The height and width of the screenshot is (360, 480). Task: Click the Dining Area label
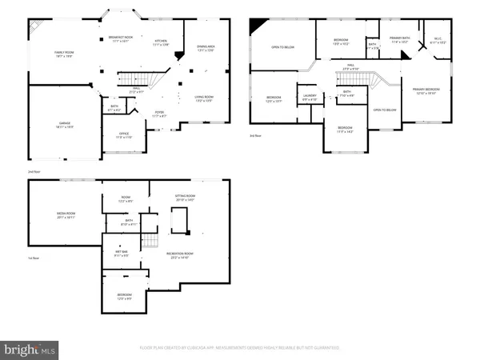coord(206,48)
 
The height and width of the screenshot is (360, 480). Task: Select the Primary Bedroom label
coord(426,90)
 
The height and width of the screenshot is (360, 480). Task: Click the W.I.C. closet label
coord(438,40)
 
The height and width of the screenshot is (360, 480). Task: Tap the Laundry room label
coord(310,98)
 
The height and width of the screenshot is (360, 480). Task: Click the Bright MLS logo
coord(30,350)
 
